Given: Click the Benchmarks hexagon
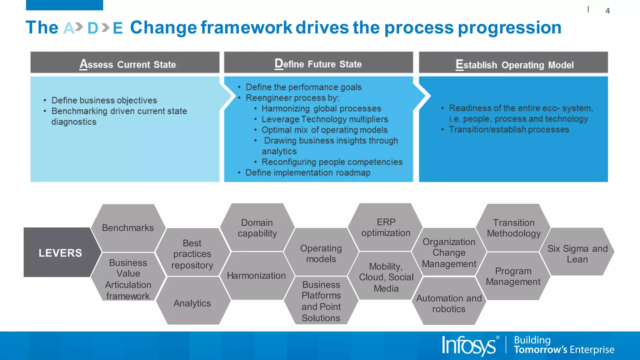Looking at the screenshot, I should pos(128,228).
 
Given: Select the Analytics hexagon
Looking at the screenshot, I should pos(192,303).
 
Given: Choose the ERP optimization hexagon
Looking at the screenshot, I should pos(386,227).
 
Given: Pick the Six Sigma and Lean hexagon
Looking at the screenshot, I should pos(577,253).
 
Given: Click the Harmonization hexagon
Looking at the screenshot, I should pos(256,275).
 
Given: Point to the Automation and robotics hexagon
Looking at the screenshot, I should pos(449,303).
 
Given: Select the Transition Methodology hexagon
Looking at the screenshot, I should pos(513,228).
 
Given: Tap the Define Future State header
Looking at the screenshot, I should pos(318,63).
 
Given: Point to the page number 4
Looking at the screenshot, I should pos(607,11).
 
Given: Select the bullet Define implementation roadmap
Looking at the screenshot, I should pos(307,172).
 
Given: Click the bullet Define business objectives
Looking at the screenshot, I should pos(104,100).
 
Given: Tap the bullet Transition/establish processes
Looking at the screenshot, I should pos(509,129).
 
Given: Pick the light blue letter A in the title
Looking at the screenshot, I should pos(69,28).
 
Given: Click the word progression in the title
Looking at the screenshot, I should pos(509,27).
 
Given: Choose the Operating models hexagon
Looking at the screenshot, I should pos(321,253).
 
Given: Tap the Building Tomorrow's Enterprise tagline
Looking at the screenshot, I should pos(564,345).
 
